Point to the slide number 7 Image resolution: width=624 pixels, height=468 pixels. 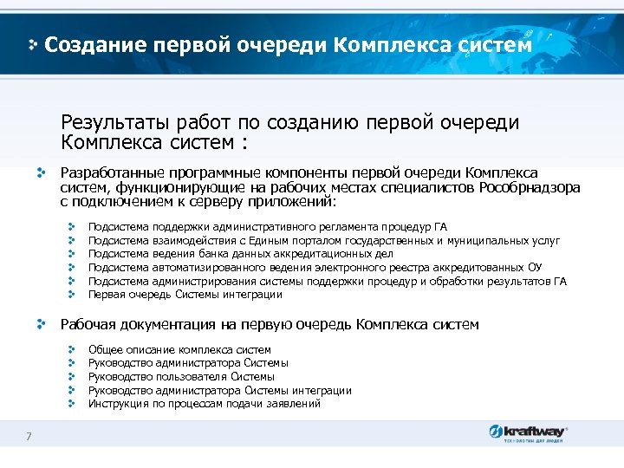(29, 436)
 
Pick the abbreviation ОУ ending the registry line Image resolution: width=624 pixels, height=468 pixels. (536, 267)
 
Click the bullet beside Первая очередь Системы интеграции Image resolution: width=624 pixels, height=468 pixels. (74, 295)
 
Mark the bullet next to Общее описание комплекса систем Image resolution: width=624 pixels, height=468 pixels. (74, 349)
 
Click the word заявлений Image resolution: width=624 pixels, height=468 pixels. (295, 404)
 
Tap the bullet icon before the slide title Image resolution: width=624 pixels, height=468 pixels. (33, 44)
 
